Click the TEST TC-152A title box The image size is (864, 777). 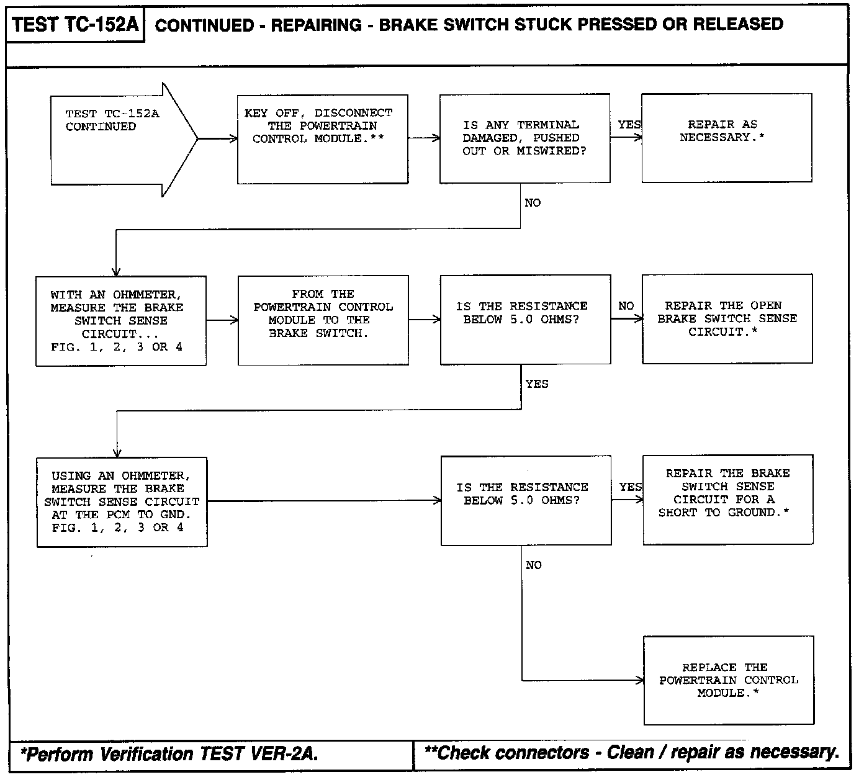pyautogui.click(x=75, y=25)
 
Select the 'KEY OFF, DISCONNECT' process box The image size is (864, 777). pyautogui.click(x=322, y=139)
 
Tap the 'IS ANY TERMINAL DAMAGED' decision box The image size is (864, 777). pyautogui.click(x=524, y=138)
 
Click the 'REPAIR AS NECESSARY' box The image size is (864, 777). pyautogui.click(x=726, y=138)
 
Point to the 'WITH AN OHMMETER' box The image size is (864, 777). pyautogui.click(x=120, y=321)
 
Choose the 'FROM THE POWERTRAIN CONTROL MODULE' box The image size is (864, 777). pyautogui.click(x=323, y=320)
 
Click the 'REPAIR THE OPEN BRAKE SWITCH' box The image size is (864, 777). pyautogui.click(x=727, y=318)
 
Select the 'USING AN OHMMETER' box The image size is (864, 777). pyautogui.click(x=122, y=501)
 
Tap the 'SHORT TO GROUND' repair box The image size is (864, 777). pyautogui.click(x=727, y=500)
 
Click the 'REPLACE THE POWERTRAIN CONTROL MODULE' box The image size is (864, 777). pyautogui.click(x=728, y=680)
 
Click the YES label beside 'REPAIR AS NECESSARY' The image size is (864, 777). pyautogui.click(x=629, y=125)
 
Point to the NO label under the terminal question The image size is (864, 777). pyautogui.click(x=533, y=203)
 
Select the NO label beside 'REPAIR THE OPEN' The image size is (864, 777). pyautogui.click(x=626, y=306)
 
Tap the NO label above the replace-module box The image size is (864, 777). pyautogui.click(x=533, y=565)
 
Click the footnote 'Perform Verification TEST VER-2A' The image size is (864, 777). pyautogui.click(x=169, y=755)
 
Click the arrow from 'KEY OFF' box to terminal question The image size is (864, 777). pyautogui.click(x=424, y=138)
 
